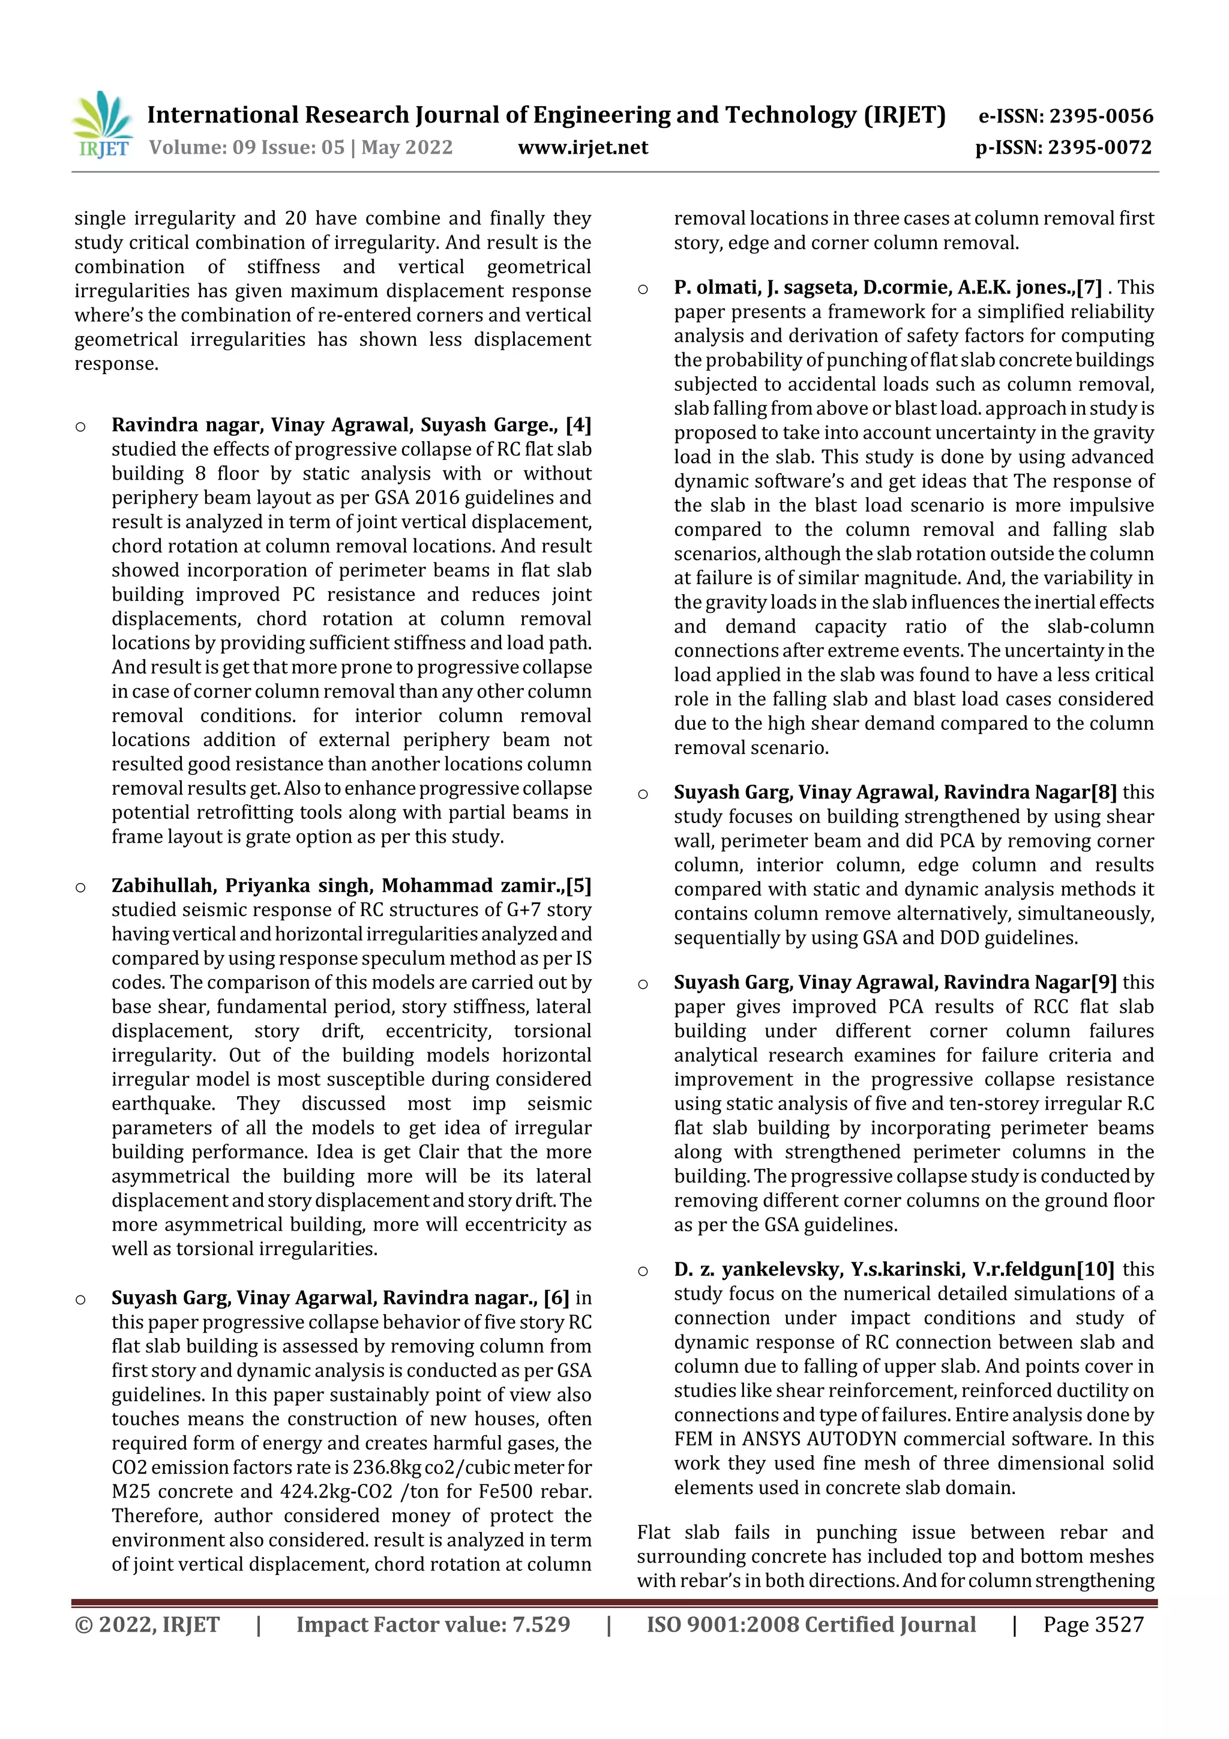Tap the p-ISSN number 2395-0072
1099,148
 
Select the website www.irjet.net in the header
583,148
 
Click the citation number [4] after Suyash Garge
578,425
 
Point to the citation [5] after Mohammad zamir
578,886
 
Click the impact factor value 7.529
541,1624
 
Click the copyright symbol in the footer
83,1624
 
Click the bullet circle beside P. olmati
643,289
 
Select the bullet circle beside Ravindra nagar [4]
80,426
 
